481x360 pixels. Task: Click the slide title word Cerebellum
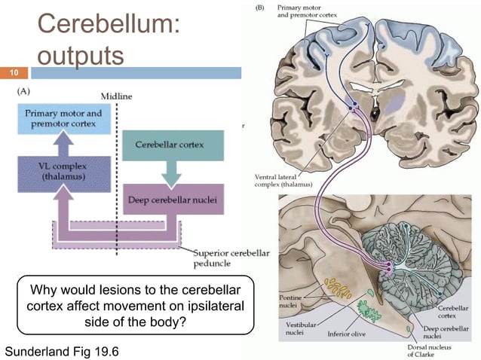[x=109, y=25]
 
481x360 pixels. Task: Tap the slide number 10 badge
[x=13, y=73]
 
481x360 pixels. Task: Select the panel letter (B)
[x=261, y=8]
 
